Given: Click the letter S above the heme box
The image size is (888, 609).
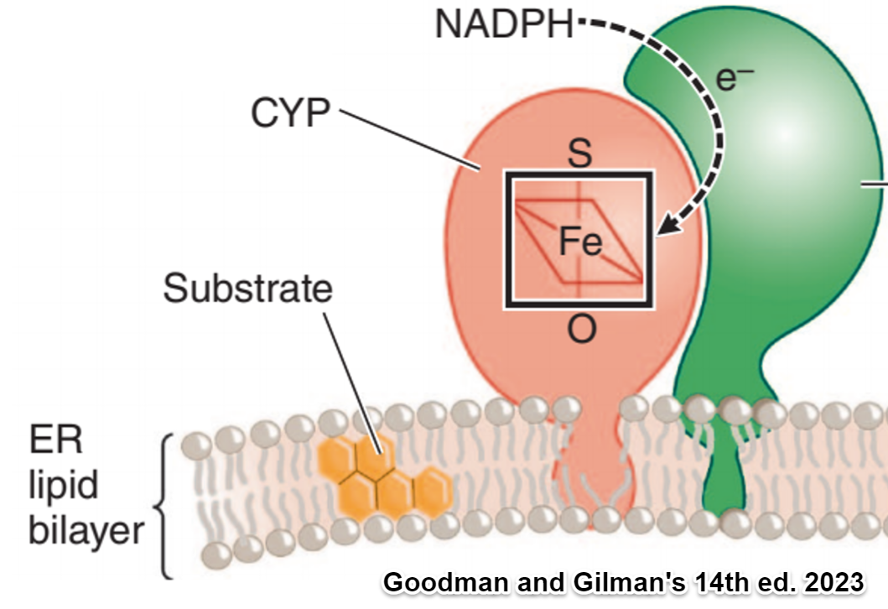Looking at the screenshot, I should [x=579, y=153].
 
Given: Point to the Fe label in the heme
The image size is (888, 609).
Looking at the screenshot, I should [x=580, y=242].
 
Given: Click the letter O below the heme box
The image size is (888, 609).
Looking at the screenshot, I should [x=580, y=331].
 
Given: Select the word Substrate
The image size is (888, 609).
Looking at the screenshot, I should [x=247, y=289].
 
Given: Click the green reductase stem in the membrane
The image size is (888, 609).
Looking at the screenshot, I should [x=723, y=478].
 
